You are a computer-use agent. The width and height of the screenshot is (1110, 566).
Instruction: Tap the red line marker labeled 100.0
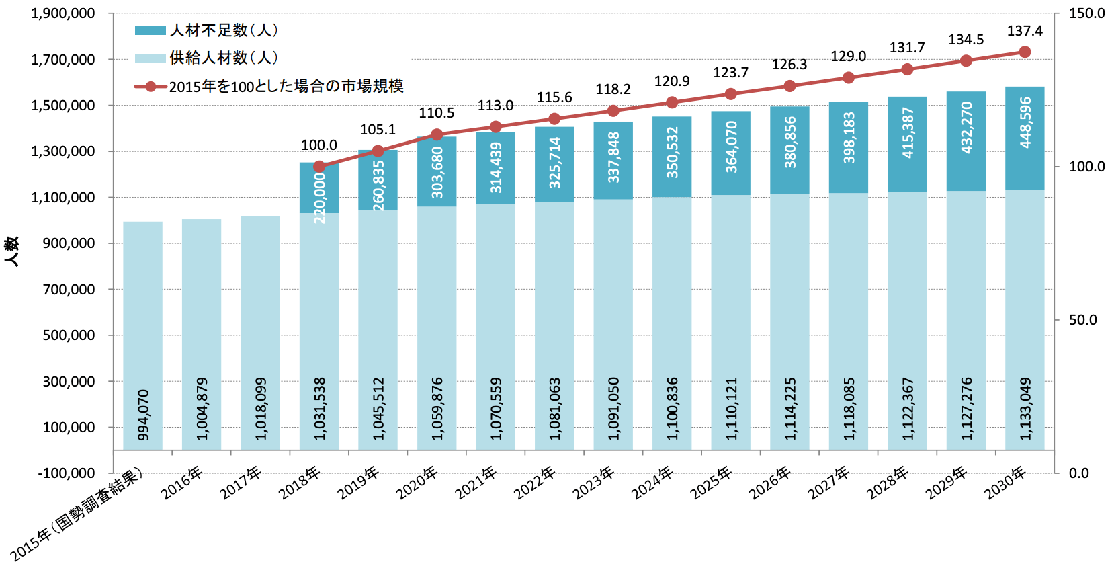tap(319, 167)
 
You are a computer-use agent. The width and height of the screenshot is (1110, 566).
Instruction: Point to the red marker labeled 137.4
tap(1025, 52)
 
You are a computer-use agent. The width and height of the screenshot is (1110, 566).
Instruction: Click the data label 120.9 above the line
tap(672, 81)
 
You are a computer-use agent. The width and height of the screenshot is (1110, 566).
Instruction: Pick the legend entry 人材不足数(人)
tap(206, 30)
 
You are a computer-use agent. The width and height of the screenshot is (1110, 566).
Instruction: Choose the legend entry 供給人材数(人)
tap(206, 58)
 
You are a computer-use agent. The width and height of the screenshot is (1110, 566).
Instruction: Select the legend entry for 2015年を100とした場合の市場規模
tap(269, 86)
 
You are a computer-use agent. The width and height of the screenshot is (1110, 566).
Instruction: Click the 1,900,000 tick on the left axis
tap(63, 13)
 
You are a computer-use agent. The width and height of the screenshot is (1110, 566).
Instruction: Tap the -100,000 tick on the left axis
tap(67, 473)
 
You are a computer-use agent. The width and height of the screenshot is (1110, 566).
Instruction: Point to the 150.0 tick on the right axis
tap(1086, 13)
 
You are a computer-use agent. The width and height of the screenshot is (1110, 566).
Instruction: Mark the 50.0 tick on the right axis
tap(1083, 320)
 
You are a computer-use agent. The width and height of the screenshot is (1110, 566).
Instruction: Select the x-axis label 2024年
tap(652, 483)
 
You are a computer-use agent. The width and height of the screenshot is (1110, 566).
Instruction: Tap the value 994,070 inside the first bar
tap(143, 415)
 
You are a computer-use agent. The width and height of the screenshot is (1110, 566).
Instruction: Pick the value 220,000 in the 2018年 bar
tap(320, 198)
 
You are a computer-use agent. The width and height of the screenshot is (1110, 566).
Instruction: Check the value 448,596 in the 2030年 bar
tap(1025, 122)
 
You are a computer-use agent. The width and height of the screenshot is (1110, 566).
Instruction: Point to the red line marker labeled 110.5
tap(437, 134)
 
